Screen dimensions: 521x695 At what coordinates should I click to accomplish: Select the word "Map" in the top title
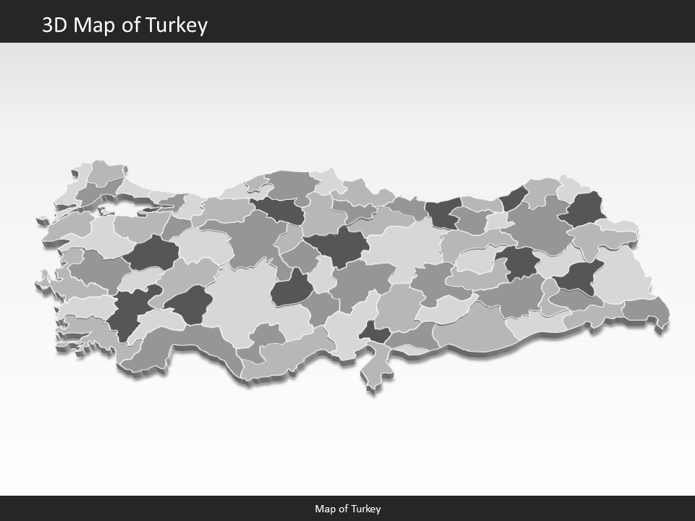click(98, 25)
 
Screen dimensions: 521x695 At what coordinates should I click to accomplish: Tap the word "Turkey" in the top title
click(177, 25)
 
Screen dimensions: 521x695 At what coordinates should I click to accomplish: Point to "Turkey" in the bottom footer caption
click(367, 509)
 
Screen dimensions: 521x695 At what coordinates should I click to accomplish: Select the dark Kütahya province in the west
click(151, 254)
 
